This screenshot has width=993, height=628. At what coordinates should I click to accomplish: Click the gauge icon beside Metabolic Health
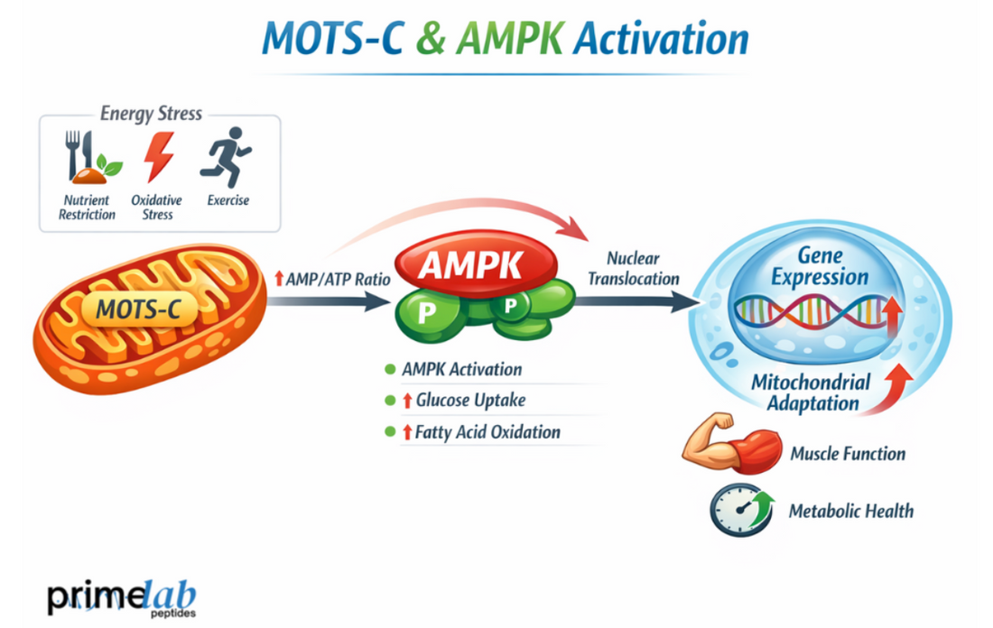pyautogui.click(x=741, y=511)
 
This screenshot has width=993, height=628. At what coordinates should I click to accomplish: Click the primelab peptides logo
pyautogui.click(x=121, y=597)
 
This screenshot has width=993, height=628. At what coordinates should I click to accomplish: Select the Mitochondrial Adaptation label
pyautogui.click(x=811, y=392)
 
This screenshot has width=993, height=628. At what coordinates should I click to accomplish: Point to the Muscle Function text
pyautogui.click(x=848, y=454)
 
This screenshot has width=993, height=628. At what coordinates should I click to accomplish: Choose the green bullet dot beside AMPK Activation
pyautogui.click(x=390, y=369)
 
